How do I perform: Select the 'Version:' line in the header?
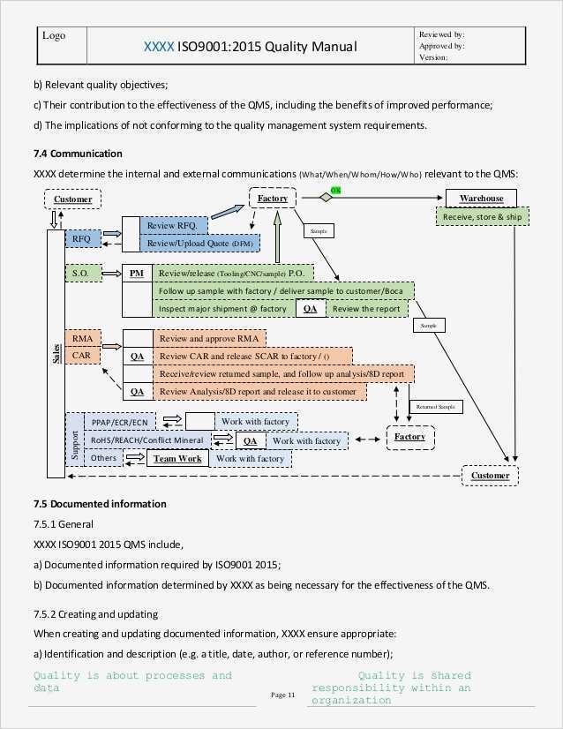tap(435, 57)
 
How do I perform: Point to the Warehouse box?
tap(480, 199)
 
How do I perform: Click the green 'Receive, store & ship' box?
tap(482, 216)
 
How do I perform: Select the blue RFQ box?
tap(82, 238)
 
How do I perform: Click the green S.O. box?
tap(82, 274)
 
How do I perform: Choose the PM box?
tap(137, 274)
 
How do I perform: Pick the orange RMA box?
tap(82, 339)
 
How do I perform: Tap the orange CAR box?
tap(82, 356)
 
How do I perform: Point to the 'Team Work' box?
tap(177, 458)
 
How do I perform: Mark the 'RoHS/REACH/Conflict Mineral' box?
tap(146, 440)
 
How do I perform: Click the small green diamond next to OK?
tap(326, 198)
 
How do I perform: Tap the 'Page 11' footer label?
tap(282, 695)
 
